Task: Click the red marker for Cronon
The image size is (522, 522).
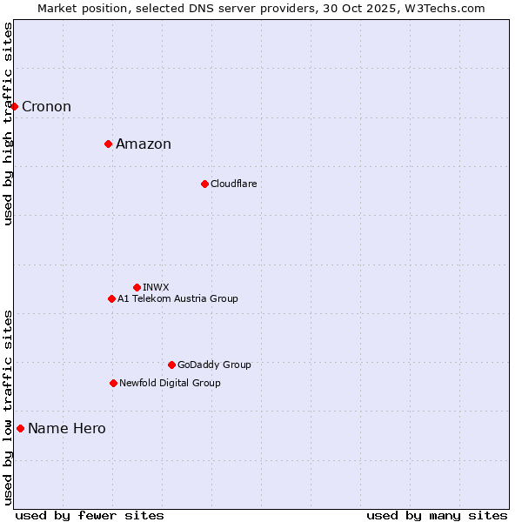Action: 15,106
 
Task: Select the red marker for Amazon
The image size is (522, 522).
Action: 108,144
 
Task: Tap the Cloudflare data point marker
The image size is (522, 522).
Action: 204,184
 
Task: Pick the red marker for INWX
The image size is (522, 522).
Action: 137,287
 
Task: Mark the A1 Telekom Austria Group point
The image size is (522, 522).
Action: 111,298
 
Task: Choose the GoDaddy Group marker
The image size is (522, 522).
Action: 171,365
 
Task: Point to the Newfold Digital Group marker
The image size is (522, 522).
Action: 113,383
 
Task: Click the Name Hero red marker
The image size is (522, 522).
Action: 20,428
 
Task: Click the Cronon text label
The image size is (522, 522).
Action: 46,107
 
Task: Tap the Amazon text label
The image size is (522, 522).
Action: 144,144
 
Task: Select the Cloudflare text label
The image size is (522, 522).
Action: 233,184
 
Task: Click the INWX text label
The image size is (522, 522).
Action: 156,287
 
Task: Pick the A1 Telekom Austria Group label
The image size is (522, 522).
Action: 177,298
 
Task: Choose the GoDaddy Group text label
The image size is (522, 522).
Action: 214,365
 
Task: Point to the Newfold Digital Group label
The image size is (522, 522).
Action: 170,383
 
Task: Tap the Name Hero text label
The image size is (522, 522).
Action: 66,429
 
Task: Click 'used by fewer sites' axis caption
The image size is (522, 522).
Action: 90,515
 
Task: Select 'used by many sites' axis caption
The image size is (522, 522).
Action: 437,515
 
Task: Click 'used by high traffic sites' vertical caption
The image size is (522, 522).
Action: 9,124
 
